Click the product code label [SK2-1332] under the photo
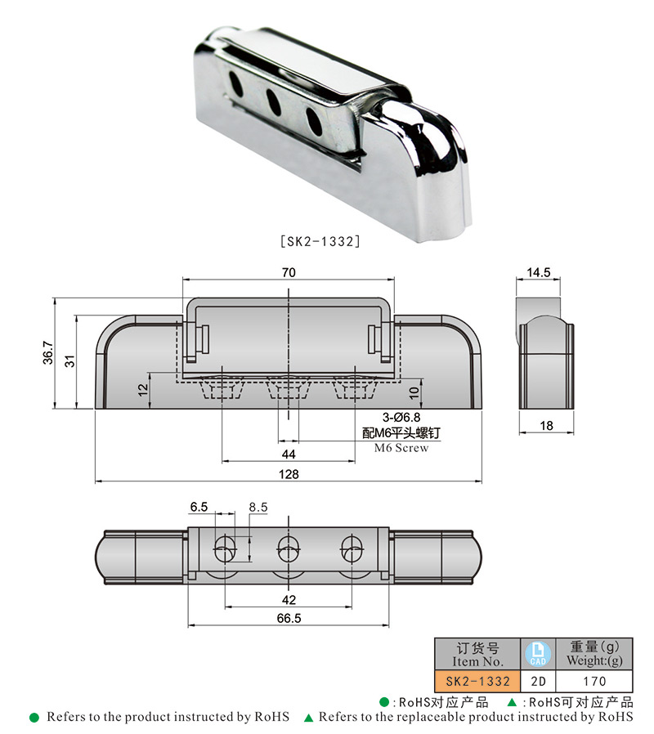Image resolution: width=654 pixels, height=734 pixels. pos(320,241)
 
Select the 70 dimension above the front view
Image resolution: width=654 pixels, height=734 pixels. pos(289,274)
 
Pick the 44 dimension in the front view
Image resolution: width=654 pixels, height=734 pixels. pos(289,454)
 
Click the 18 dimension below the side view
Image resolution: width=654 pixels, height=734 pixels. pos(545,426)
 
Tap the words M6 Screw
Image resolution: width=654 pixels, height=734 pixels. pos(401,448)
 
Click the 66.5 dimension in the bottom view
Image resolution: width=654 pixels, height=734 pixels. pos(289,619)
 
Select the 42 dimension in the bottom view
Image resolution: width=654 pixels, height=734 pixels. pos(289,598)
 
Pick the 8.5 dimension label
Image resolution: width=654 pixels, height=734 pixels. pos(258,507)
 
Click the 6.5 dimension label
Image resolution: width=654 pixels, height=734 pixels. pos(199,507)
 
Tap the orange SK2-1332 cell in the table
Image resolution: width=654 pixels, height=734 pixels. pos(477,681)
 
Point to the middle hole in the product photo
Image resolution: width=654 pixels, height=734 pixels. pos(271,101)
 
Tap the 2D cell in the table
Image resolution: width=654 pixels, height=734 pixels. pos(538,681)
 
